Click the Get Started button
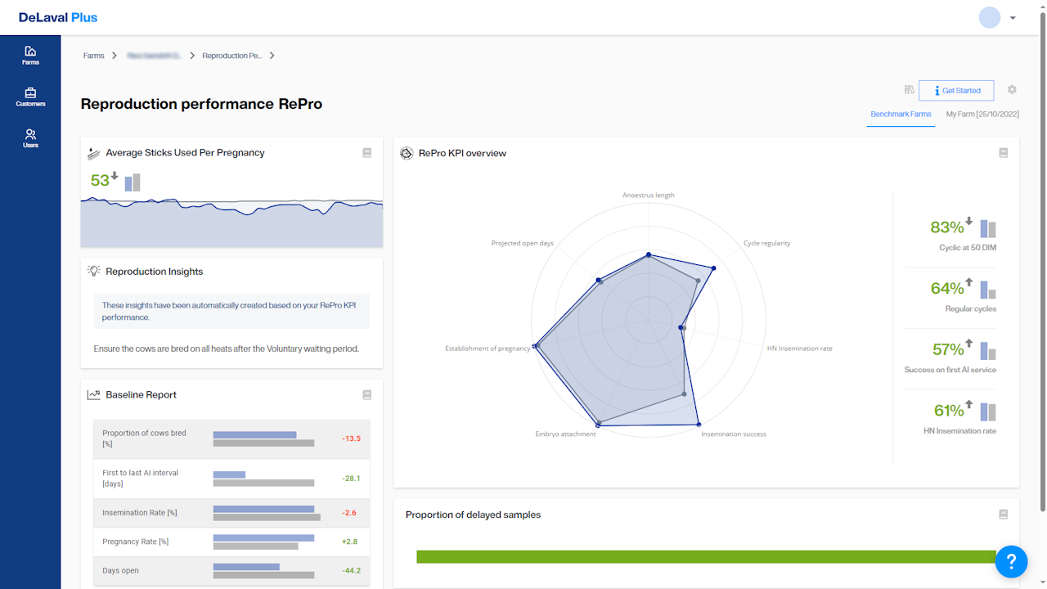pyautogui.click(x=955, y=91)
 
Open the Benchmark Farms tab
pyautogui.click(x=901, y=115)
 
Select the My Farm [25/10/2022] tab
pyautogui.click(x=982, y=115)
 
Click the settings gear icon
pyautogui.click(x=1012, y=90)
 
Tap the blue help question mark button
pyautogui.click(x=1011, y=561)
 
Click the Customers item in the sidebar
pyautogui.click(x=30, y=97)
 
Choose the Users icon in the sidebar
pyautogui.click(x=30, y=138)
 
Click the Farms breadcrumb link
pyautogui.click(x=94, y=56)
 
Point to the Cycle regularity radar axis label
pyautogui.click(x=766, y=243)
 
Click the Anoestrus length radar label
pyautogui.click(x=648, y=196)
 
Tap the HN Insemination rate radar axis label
pyautogui.click(x=799, y=348)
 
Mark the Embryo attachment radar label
pyautogui.click(x=565, y=434)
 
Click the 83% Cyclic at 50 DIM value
pyautogui.click(x=947, y=228)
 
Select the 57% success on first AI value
pyautogui.click(x=947, y=350)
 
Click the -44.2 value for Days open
pyautogui.click(x=351, y=571)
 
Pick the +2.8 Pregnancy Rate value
pyautogui.click(x=349, y=542)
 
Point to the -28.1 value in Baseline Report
pyautogui.click(x=351, y=479)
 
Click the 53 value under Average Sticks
pyautogui.click(x=100, y=181)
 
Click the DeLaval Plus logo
pyautogui.click(x=58, y=17)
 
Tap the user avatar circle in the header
pyautogui.click(x=990, y=17)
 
